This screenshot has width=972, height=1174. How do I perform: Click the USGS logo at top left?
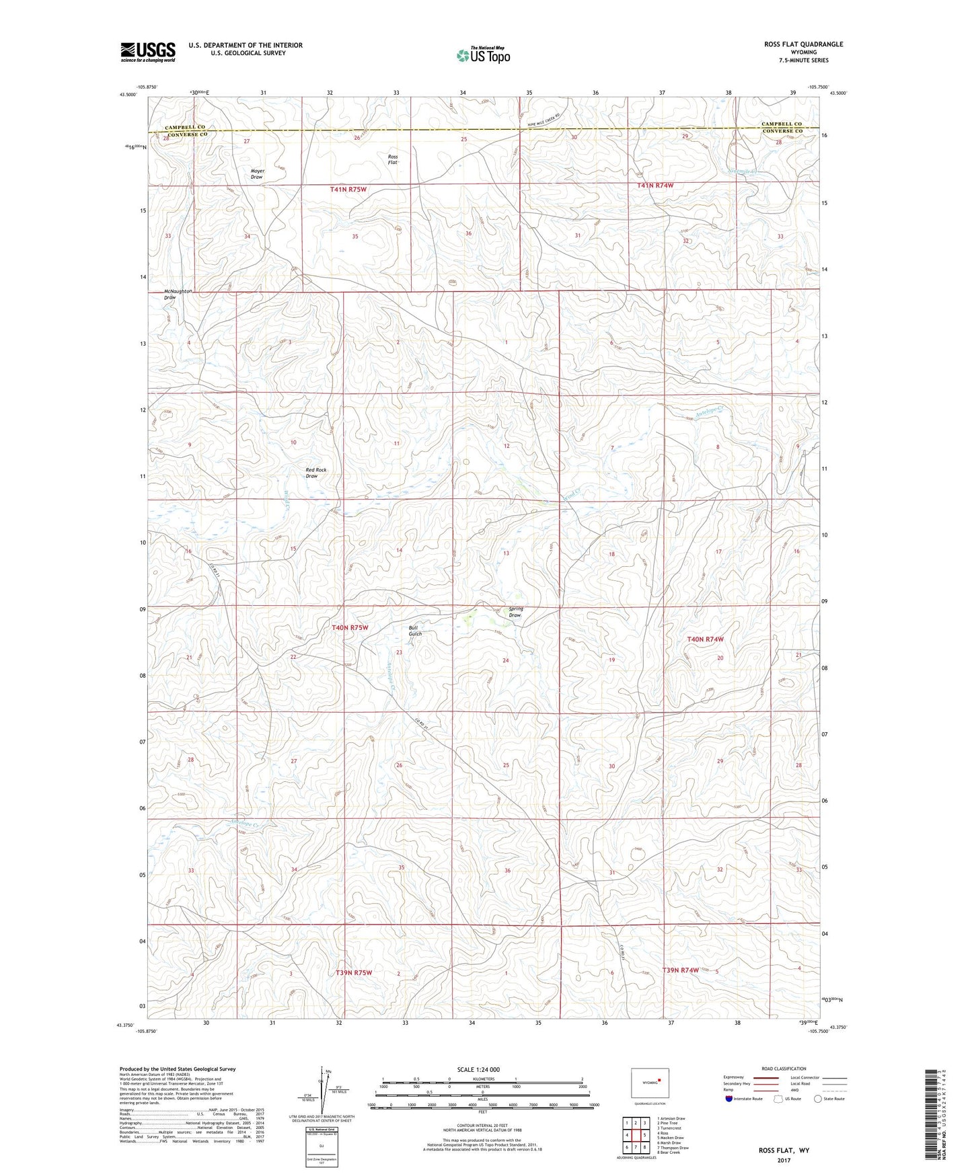click(x=148, y=52)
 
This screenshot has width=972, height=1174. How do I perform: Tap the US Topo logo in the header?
click(x=483, y=55)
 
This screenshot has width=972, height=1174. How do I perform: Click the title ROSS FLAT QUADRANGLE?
click(x=803, y=44)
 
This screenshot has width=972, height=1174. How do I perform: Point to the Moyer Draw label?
click(x=257, y=173)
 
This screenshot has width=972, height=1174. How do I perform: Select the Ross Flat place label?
click(x=393, y=159)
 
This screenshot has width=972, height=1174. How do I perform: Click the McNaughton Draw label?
click(x=178, y=294)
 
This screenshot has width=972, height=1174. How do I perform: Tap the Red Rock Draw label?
click(x=315, y=473)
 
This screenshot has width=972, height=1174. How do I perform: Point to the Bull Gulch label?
click(x=415, y=631)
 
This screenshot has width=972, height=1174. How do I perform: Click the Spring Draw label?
click(x=515, y=612)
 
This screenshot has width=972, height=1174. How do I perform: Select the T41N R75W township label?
click(x=348, y=190)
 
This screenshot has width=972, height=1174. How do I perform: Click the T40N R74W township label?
click(x=705, y=639)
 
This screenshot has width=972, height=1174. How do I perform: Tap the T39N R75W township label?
click(x=354, y=973)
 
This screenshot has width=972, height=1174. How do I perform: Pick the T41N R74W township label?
click(x=655, y=186)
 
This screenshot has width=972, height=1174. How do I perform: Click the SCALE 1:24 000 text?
click(x=478, y=1070)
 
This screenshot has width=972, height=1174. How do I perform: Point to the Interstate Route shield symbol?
click(x=729, y=1099)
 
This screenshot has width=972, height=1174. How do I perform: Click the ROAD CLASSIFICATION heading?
click(x=784, y=1068)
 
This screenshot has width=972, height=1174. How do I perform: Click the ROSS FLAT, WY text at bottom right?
click(x=784, y=1150)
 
